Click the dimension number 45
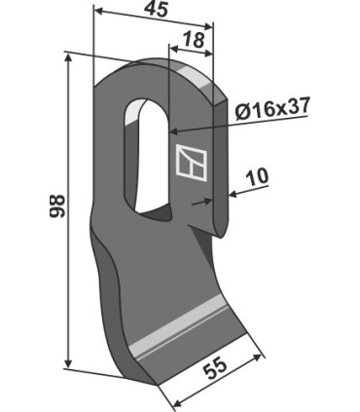coord(157,10)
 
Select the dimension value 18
coord(194,40)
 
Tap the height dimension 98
coord(57,206)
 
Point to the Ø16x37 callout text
coord(272,109)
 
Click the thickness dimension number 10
coord(257,176)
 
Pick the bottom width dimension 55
coord(213,369)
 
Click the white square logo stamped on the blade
coord(192,163)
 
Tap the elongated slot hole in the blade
coord(148,160)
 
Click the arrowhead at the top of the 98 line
coord(68,59)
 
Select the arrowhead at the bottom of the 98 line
coord(68,362)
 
